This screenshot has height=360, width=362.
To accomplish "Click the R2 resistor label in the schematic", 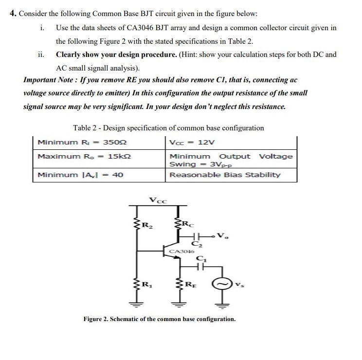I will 145,225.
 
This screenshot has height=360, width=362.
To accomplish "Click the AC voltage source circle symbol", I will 225,283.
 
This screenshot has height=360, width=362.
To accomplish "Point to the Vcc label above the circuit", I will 158,199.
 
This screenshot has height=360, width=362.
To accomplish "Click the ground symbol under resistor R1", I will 135,305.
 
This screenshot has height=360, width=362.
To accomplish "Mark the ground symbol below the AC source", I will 224,305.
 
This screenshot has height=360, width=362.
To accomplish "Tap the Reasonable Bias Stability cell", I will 225,175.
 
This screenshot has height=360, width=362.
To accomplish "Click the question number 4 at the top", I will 13,13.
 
